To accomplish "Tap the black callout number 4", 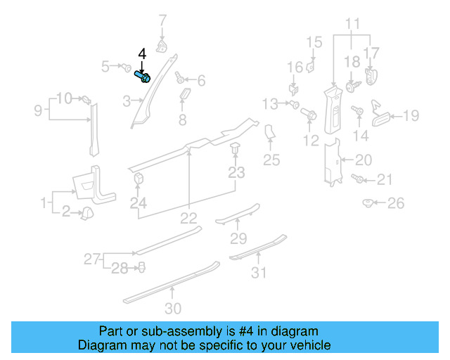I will (142, 53).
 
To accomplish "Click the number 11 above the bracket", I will (352, 22).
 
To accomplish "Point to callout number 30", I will (172, 308).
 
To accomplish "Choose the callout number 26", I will (397, 204).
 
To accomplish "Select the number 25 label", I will (271, 161).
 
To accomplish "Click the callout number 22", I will (189, 219).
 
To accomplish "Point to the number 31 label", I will (259, 272).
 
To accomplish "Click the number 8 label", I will (182, 120).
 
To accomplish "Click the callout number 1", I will (44, 204).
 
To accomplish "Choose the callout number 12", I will (310, 141).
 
